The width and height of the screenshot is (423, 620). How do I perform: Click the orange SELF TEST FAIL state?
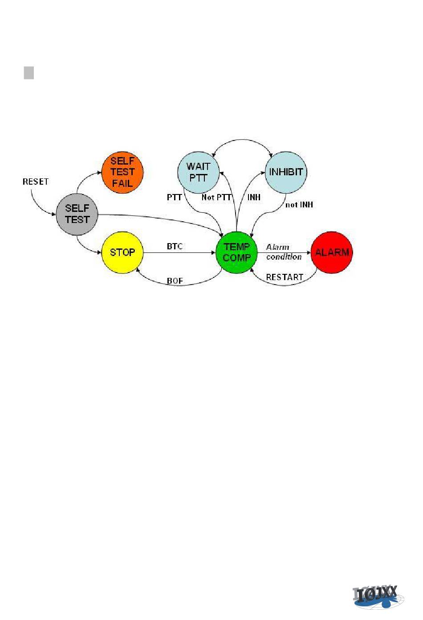coord(122,172)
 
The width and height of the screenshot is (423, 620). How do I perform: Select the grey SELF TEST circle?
coord(77,214)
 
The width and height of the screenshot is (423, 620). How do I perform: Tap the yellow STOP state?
coord(122,252)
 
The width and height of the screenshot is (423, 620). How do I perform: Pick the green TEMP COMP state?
coord(236,252)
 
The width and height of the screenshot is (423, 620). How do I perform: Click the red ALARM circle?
coord(332,252)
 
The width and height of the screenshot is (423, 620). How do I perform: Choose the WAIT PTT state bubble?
coord(198,172)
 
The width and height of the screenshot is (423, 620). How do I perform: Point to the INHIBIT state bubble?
coord(286,172)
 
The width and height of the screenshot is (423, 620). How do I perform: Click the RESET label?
coord(36,182)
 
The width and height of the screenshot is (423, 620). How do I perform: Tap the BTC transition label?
coord(175,246)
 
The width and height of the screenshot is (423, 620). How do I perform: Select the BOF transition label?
coord(175,281)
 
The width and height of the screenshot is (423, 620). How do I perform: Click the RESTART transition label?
coord(284,277)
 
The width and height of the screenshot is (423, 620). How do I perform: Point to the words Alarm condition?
coord(283,252)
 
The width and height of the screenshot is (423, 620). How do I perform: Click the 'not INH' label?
coord(299,205)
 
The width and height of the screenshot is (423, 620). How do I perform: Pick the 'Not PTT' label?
coord(216,197)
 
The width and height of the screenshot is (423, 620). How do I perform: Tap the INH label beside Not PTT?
coord(254,197)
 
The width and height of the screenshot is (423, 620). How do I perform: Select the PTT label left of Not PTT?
coord(174,197)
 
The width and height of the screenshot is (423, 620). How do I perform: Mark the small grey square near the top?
coord(29,73)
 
